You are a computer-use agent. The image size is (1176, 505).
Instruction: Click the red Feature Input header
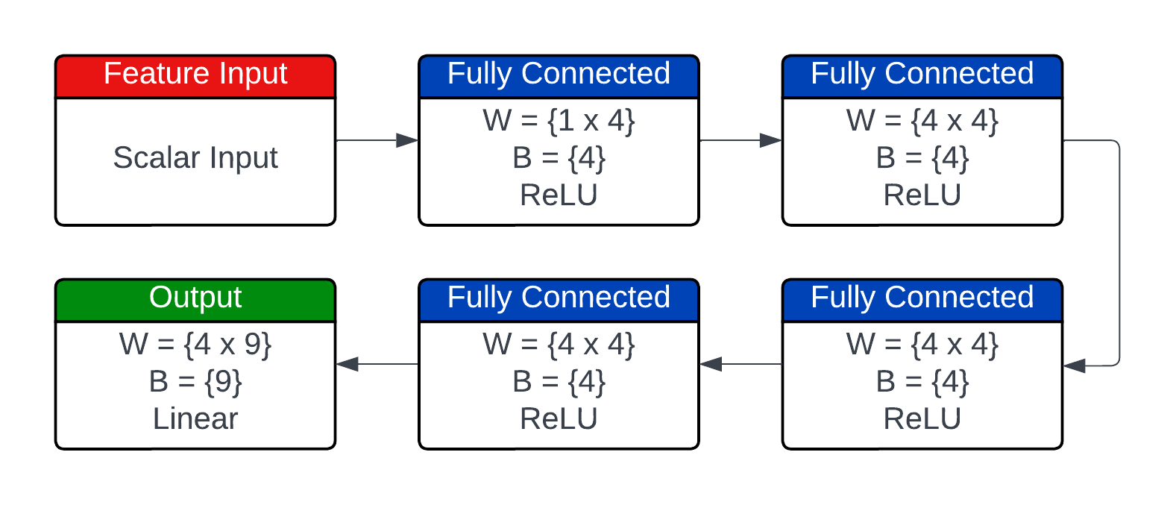(x=195, y=75)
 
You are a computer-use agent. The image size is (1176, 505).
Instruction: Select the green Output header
(x=195, y=299)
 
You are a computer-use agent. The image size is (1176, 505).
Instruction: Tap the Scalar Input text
(x=195, y=158)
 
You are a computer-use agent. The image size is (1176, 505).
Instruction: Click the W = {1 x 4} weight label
(x=559, y=121)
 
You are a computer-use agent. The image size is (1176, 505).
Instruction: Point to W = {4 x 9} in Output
(x=195, y=345)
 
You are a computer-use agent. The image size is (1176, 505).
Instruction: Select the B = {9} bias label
(x=195, y=382)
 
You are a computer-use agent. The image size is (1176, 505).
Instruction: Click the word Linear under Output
(x=195, y=419)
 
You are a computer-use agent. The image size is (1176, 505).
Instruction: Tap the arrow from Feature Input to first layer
(x=377, y=140)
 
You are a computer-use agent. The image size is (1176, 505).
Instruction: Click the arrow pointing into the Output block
(x=377, y=364)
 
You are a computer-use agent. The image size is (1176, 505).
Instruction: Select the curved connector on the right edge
(x=1119, y=254)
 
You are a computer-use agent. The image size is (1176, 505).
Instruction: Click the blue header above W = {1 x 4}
(x=559, y=75)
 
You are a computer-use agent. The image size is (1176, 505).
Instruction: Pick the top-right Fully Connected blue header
(x=922, y=75)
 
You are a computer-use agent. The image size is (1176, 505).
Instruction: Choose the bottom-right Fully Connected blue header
(x=922, y=299)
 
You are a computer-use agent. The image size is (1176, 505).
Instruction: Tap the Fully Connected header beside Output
(x=559, y=299)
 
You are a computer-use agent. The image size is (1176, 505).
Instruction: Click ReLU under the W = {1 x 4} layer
(x=559, y=195)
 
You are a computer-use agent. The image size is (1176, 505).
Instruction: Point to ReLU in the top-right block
(x=922, y=195)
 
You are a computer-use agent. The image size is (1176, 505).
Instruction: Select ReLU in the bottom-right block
(x=922, y=419)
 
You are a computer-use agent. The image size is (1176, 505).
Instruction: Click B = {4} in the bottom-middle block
(x=559, y=382)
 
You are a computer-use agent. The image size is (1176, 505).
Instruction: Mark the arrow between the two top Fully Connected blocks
(x=740, y=140)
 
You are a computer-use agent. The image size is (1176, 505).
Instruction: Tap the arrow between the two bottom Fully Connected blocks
(x=740, y=364)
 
